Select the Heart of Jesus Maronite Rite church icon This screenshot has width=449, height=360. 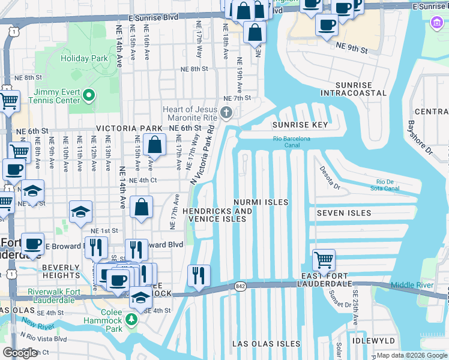[226, 112]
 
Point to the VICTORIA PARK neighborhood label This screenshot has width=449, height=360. [129, 128]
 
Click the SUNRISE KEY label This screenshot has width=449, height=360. [300, 125]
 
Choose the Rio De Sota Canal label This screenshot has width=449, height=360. [388, 185]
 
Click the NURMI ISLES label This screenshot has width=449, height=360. [261, 202]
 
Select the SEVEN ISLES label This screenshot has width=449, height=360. [344, 213]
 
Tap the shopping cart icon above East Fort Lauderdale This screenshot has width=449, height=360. [324, 260]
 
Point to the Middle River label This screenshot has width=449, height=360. [411, 285]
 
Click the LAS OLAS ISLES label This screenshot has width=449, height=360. [267, 344]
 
